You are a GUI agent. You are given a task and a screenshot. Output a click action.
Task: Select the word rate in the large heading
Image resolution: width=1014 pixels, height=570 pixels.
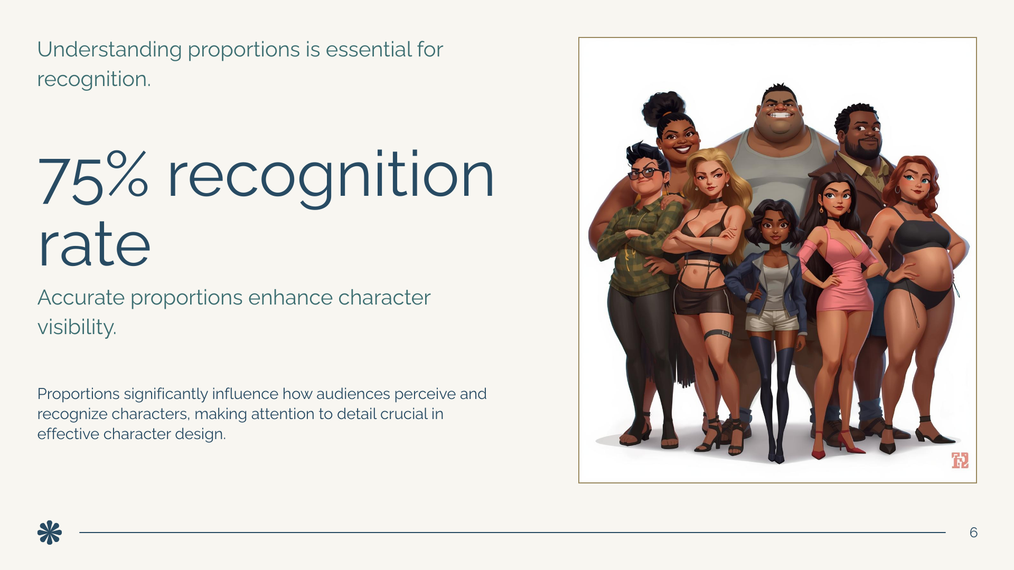(x=94, y=245)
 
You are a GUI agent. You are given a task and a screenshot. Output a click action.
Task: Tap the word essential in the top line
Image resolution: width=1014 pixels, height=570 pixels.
(x=369, y=50)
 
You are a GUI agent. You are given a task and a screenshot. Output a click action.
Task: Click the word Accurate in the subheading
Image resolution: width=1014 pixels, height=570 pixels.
(x=81, y=298)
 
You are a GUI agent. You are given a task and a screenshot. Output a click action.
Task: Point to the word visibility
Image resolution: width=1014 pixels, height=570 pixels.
(x=77, y=327)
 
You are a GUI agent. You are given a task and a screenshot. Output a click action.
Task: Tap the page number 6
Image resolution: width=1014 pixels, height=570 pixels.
(x=973, y=533)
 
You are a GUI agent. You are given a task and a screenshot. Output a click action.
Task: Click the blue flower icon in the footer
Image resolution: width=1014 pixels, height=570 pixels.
(x=50, y=533)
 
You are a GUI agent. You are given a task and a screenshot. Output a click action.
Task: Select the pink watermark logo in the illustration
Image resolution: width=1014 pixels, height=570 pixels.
(x=960, y=460)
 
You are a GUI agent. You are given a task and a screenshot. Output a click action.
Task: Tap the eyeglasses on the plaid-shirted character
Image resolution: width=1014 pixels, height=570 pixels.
(x=644, y=173)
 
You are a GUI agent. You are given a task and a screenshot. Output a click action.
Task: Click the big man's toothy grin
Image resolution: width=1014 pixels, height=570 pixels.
(x=779, y=115)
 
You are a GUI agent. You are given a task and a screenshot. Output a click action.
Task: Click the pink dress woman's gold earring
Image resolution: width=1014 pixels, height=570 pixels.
(x=821, y=210)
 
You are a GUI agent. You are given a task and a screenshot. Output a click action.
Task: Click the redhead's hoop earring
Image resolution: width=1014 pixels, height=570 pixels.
(x=897, y=189)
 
